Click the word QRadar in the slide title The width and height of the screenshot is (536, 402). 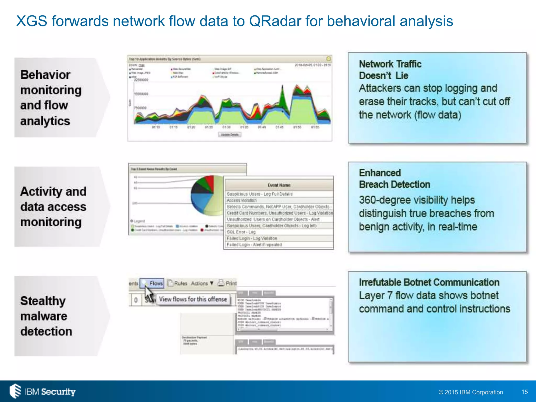pyautogui.click(x=275, y=21)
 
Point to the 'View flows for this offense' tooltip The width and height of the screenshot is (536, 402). pyautogui.click(x=193, y=299)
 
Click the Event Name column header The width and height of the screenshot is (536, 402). pyautogui.click(x=279, y=185)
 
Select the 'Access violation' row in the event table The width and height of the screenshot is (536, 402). pyautogui.click(x=241, y=200)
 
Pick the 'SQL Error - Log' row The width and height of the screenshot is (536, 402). pyautogui.click(x=241, y=232)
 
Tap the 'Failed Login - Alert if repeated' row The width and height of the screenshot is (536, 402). pyautogui.click(x=254, y=245)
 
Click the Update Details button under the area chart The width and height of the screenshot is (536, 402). pyautogui.click(x=230, y=135)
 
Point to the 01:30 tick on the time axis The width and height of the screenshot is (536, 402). pyautogui.click(x=226, y=127)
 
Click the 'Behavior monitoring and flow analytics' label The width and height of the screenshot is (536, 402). pyautogui.click(x=51, y=98)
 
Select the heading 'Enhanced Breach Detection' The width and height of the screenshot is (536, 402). pyautogui.click(x=394, y=178)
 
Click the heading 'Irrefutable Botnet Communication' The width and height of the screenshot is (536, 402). pyautogui.click(x=429, y=282)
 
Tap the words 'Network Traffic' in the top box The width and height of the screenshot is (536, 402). pyautogui.click(x=390, y=64)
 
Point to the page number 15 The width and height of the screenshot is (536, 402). pyautogui.click(x=524, y=392)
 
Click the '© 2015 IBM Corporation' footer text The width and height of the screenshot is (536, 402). pyautogui.click(x=471, y=392)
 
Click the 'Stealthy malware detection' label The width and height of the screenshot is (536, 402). pyautogui.click(x=46, y=316)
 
